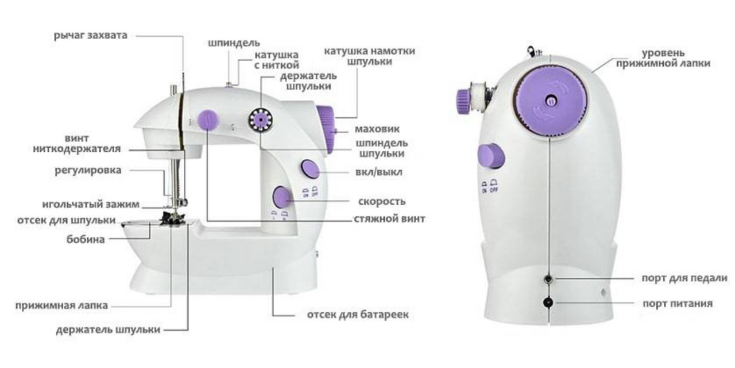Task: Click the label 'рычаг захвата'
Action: [x=91, y=35]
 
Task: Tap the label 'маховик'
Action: [x=377, y=129]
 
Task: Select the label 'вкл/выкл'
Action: [x=379, y=172]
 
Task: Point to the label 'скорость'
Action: [x=382, y=201]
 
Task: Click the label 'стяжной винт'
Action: [x=389, y=219]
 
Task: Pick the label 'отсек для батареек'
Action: [x=358, y=315]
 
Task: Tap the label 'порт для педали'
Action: [x=684, y=278]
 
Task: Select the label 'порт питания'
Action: [x=678, y=303]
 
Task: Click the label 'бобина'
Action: [x=86, y=239]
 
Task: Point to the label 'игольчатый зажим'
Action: [x=91, y=204]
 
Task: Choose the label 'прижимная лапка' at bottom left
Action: [x=61, y=305]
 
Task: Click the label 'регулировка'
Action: [x=88, y=170]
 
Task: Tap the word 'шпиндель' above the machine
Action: [x=234, y=43]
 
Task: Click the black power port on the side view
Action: [x=548, y=302]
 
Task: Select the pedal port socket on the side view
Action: [x=548, y=279]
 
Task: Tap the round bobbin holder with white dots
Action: [x=261, y=120]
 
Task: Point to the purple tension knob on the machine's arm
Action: [x=208, y=120]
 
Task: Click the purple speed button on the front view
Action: [x=281, y=197]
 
